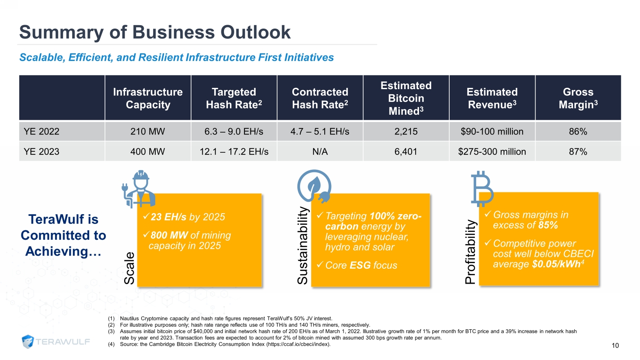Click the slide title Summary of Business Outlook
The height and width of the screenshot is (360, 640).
[155, 32]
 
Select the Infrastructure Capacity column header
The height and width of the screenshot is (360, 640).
[148, 98]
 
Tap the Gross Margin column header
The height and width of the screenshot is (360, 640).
[578, 98]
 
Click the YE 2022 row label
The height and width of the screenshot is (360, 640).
[41, 131]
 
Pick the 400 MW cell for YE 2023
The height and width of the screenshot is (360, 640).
[148, 151]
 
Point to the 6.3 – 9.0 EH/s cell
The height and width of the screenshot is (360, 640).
[234, 131]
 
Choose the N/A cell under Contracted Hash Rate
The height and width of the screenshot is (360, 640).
[320, 151]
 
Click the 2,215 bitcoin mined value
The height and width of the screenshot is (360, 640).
[406, 131]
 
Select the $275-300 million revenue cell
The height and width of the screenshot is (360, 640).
[492, 151]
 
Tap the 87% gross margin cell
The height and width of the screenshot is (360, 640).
[578, 151]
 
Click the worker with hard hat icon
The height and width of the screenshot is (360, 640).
[139, 188]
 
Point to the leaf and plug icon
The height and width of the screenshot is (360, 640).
[314, 186]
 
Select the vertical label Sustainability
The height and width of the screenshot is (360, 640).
[303, 245]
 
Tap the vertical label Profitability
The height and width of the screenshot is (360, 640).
[470, 252]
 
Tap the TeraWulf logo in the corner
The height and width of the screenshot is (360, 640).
[56, 341]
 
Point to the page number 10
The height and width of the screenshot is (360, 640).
[615, 345]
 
